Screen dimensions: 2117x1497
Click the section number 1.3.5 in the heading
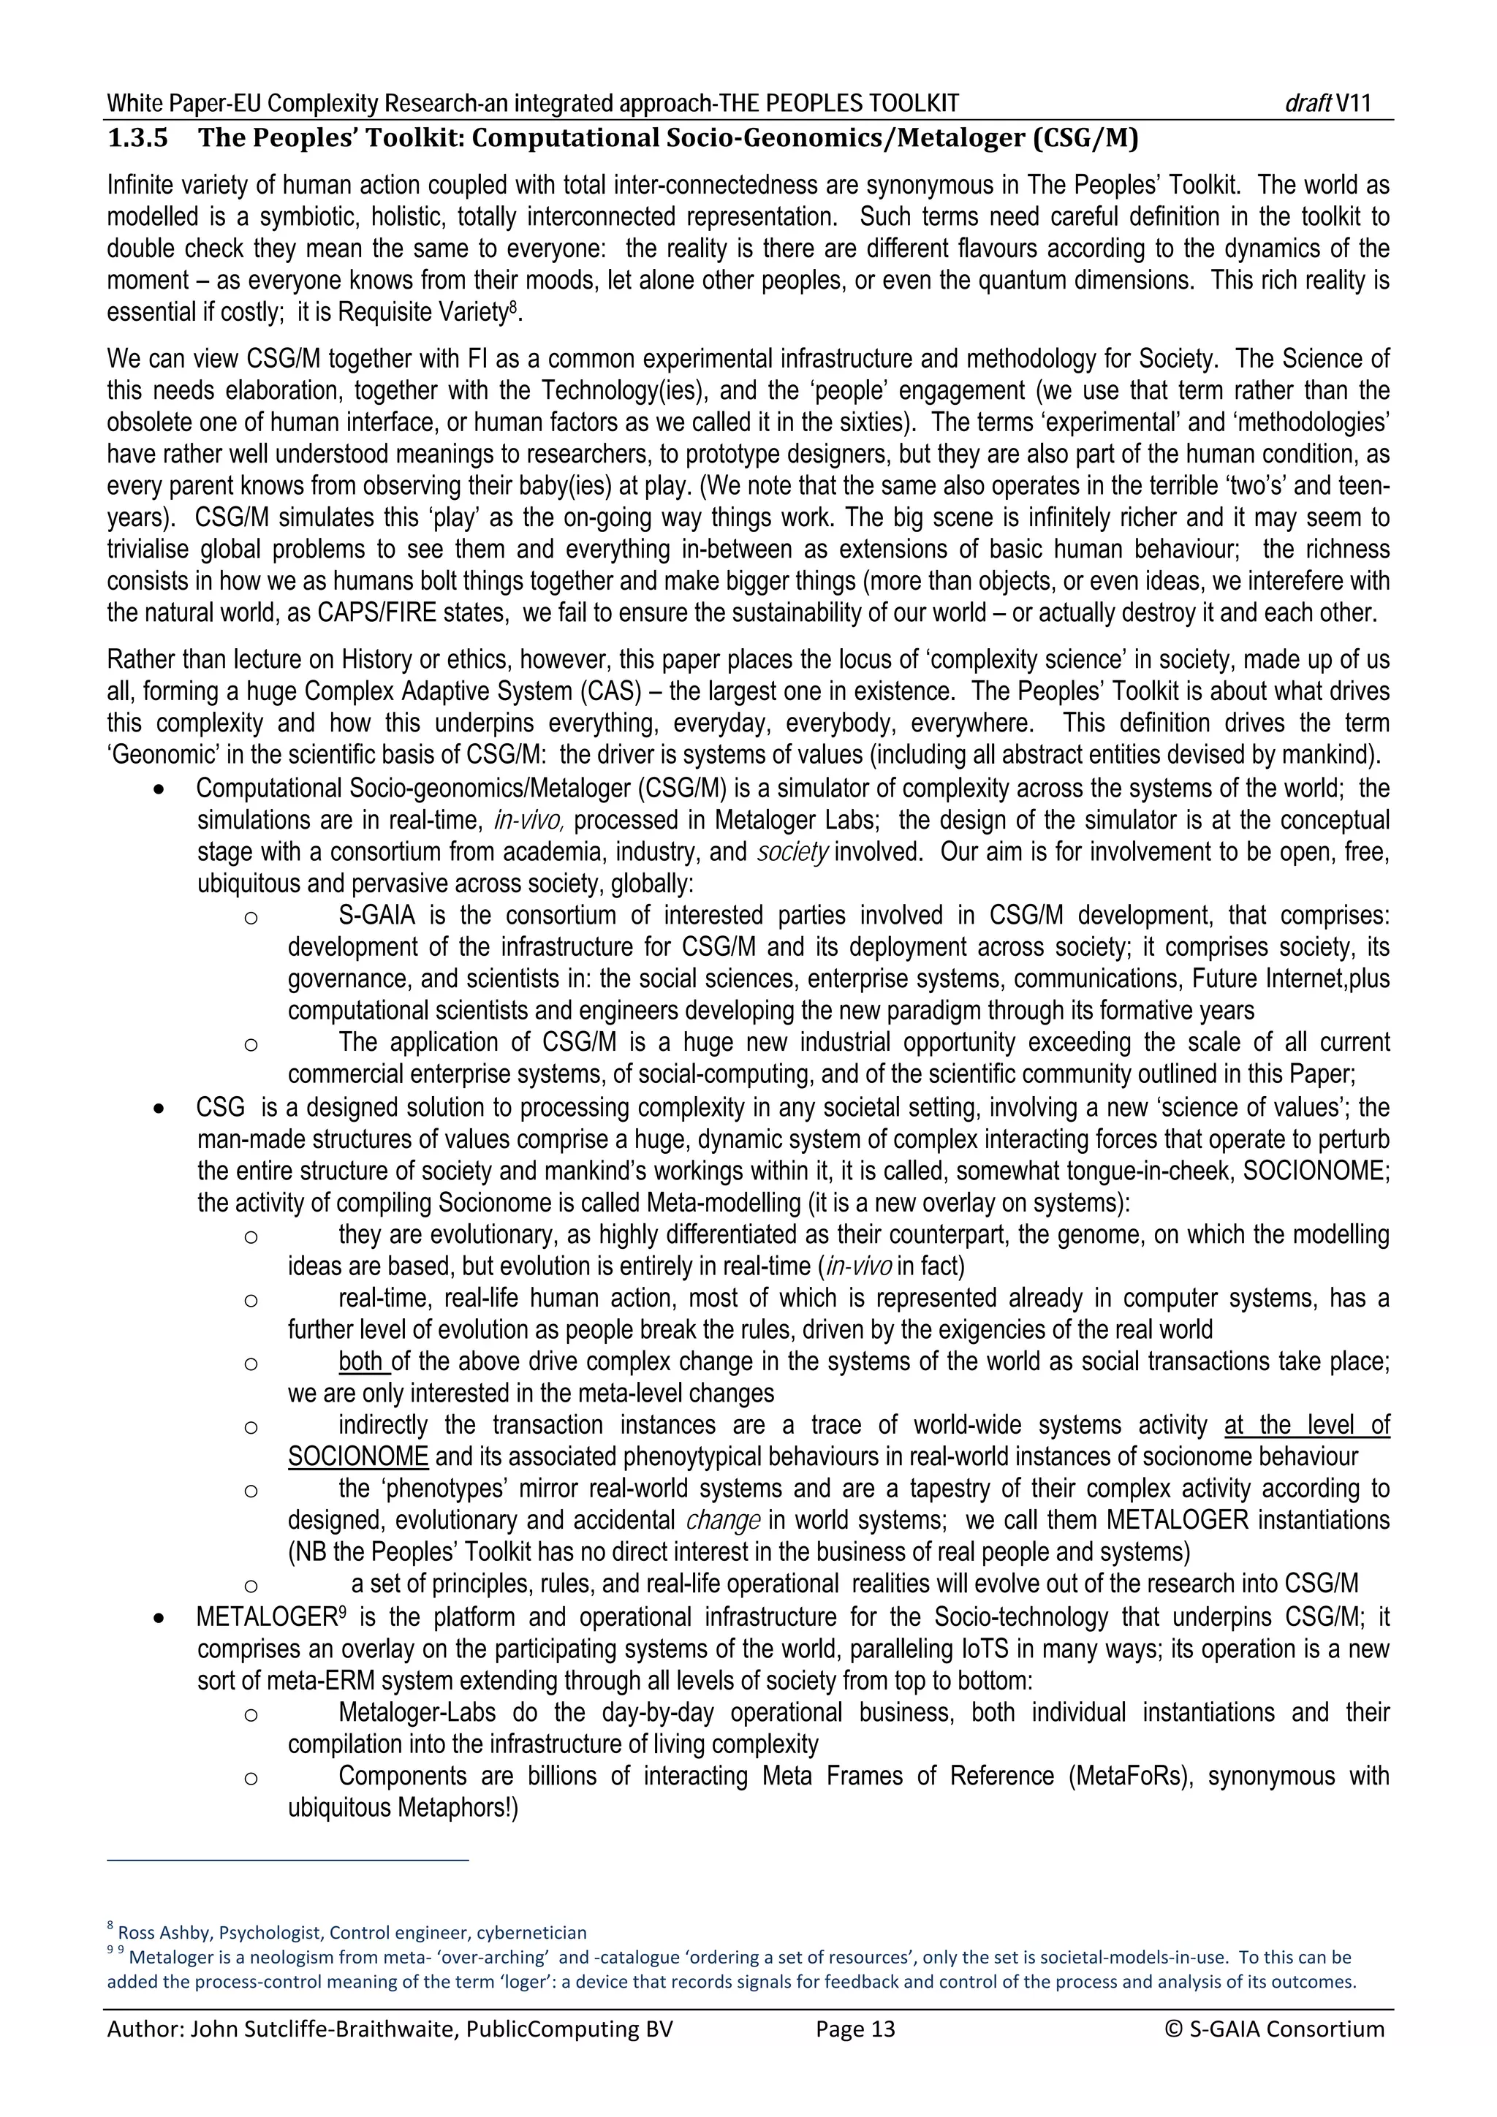[x=137, y=140]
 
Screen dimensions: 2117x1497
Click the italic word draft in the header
[x=1306, y=103]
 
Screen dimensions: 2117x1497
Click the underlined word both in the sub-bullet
[x=363, y=1362]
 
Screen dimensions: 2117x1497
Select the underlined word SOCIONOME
[x=358, y=1457]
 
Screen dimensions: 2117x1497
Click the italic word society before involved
[x=792, y=852]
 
